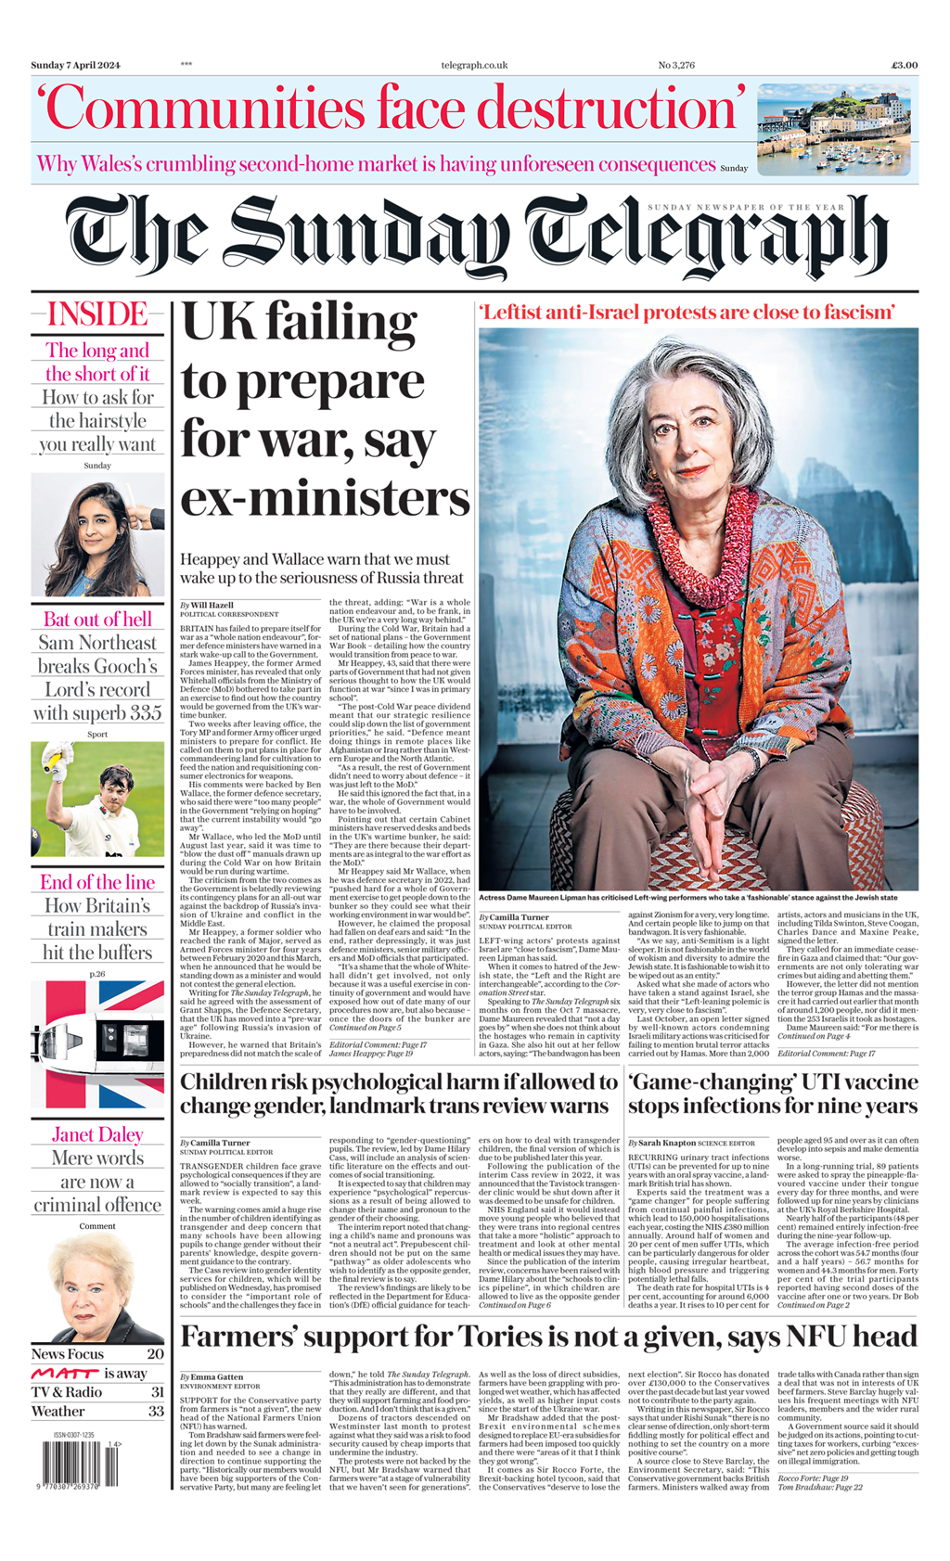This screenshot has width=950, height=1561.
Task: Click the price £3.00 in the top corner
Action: pos(904,65)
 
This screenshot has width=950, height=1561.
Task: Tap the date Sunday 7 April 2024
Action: pos(75,65)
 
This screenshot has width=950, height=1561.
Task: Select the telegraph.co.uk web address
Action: pos(474,65)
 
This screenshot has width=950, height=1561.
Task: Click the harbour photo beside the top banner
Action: pos(838,129)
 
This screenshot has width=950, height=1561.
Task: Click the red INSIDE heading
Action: pos(97,314)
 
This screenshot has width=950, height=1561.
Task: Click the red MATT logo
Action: pos(64,1373)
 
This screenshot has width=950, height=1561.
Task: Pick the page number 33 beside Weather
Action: pos(155,1411)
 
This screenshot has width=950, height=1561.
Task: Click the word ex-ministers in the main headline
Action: pos(325,498)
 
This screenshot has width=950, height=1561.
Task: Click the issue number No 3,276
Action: pos(676,65)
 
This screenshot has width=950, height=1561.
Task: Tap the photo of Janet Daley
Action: pos(97,1287)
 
